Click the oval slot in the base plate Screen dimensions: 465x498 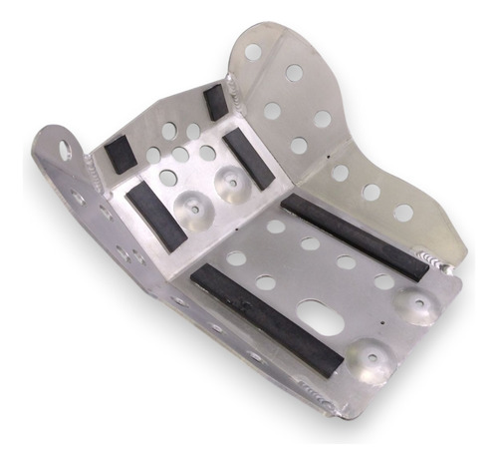coord(318,318)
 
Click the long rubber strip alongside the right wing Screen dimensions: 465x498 coord(353,235)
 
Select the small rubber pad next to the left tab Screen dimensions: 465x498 coord(120,153)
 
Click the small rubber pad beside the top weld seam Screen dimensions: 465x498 coord(214,102)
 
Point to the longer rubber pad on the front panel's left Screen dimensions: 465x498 coord(156,215)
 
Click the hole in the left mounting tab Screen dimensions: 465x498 coord(65,150)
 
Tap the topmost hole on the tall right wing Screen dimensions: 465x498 coord(254,51)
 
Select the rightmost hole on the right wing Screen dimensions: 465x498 coord(403,213)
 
